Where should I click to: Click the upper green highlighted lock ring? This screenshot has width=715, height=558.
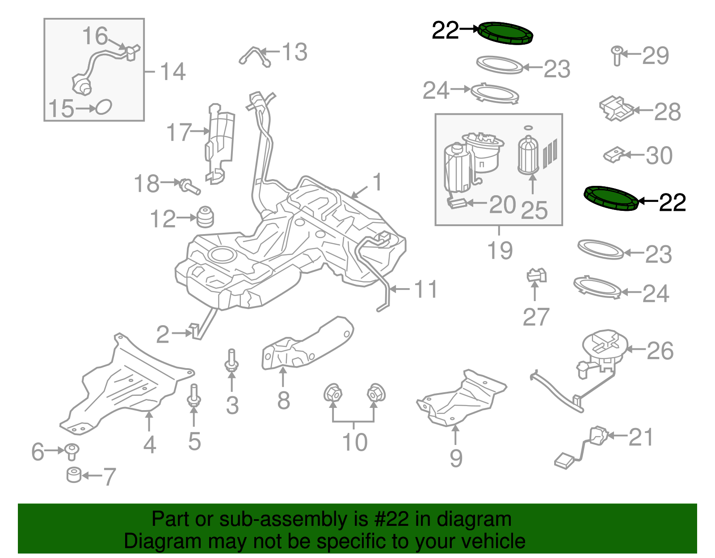pos(505,34)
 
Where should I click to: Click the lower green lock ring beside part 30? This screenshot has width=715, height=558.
pos(611,198)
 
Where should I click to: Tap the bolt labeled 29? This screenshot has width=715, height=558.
pos(617,55)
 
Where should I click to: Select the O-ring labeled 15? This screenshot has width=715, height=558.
pos(104,107)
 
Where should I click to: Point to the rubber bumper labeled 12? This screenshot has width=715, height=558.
pos(206,217)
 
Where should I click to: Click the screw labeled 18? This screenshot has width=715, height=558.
pos(189,186)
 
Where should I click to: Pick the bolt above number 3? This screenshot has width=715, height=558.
pos(231,361)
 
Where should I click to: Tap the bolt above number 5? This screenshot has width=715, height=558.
pos(193,396)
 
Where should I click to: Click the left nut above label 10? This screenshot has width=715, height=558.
pos(332,394)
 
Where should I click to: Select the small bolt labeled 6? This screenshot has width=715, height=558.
pos(71,451)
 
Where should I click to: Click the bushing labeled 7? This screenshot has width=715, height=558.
pos(74,474)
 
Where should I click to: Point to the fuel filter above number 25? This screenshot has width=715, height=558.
pos(528,155)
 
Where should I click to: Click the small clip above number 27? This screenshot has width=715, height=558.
pos(536,275)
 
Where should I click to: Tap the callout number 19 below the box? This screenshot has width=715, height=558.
pos(500,251)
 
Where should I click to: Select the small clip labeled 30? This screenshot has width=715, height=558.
pos(614,155)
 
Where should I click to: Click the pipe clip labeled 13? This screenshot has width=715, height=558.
pos(255,56)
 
